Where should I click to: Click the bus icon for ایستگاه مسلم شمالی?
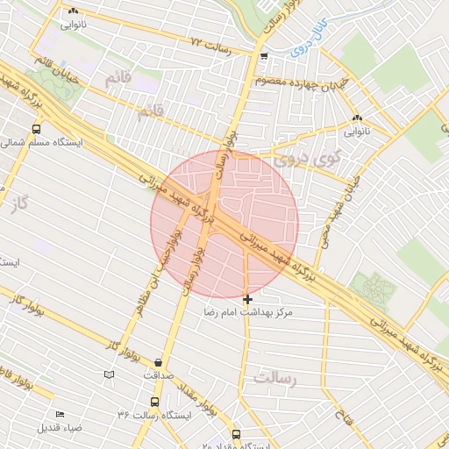36,129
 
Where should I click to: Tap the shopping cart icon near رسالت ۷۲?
264,56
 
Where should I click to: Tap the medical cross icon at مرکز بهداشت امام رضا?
248,300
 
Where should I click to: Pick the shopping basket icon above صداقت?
158,362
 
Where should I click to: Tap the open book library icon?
109,374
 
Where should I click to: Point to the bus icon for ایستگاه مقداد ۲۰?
236,433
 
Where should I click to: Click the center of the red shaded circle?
224,223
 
